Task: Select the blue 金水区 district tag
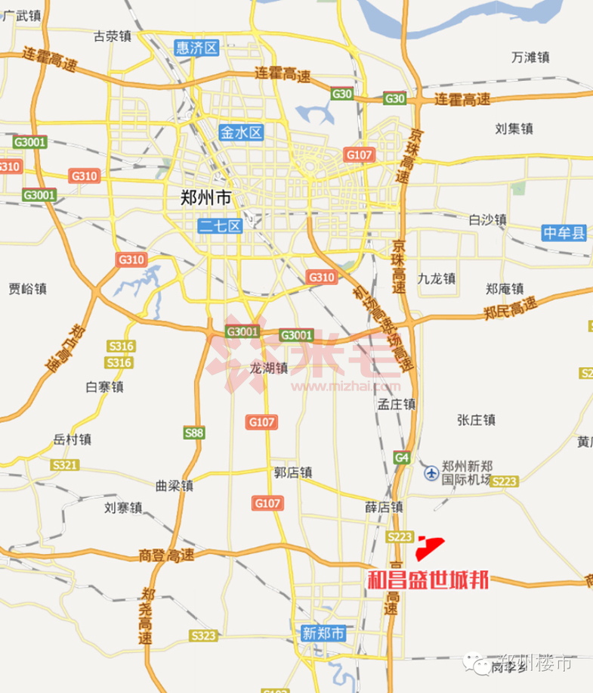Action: [x=241, y=132]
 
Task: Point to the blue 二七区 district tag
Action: [x=219, y=225]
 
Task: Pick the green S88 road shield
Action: [x=195, y=433]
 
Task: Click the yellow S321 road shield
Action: [x=65, y=464]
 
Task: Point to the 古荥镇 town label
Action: [x=113, y=36]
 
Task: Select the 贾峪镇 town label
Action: [x=28, y=287]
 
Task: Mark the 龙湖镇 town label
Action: [x=270, y=368]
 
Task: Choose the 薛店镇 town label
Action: [x=381, y=507]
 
